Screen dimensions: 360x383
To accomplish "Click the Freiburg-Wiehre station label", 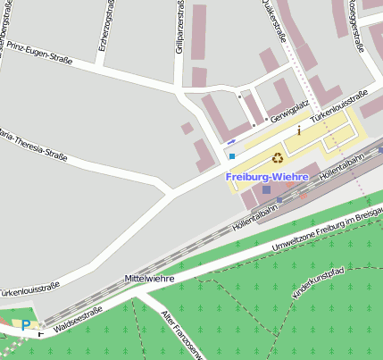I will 266,176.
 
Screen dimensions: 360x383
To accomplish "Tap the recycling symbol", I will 278,157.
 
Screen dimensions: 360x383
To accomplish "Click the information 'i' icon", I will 299,130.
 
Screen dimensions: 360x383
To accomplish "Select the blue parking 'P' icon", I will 25,326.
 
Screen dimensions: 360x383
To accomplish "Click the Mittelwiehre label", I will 148,279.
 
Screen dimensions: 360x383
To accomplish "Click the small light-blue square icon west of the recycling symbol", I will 232,156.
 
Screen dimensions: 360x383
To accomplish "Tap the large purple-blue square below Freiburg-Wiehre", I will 266,190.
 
